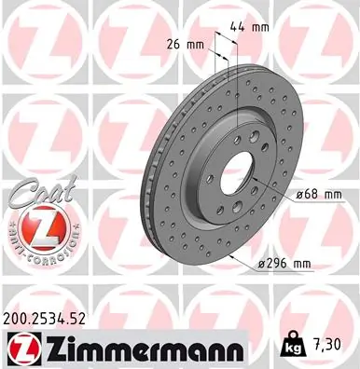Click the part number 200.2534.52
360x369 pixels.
tap(52, 317)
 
